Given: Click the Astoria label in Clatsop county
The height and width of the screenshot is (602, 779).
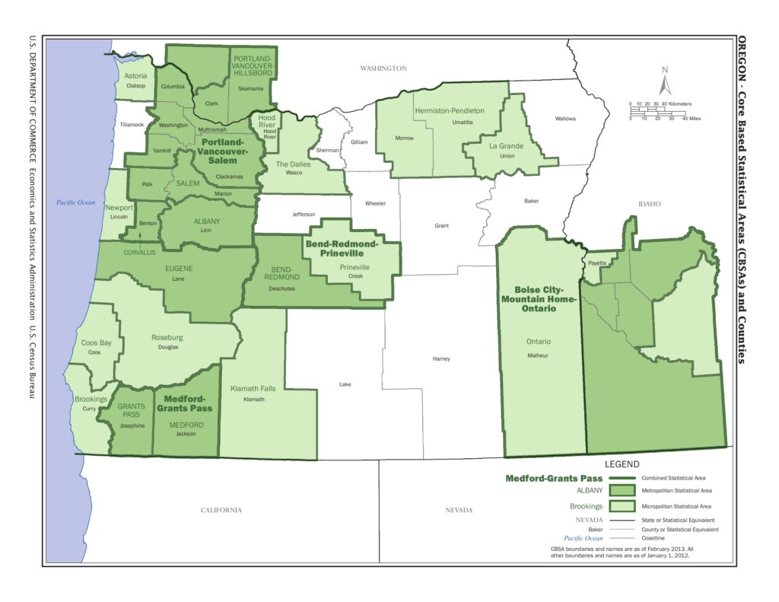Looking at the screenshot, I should [135, 76].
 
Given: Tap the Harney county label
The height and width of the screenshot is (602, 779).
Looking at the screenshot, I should [441, 358].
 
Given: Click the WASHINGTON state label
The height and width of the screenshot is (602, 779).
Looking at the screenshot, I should [384, 68].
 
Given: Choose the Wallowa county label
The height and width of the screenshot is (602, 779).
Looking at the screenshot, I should [565, 119].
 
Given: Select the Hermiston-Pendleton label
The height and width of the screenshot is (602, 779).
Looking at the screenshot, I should [450, 110].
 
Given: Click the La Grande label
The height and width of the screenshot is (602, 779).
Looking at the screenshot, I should [506, 145].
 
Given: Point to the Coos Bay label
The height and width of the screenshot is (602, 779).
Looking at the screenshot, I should [97, 342].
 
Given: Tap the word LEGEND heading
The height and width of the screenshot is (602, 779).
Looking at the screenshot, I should [622, 463].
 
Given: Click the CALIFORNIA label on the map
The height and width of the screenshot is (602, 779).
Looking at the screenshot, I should [221, 510].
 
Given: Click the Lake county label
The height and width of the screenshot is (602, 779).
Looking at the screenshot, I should [345, 384].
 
